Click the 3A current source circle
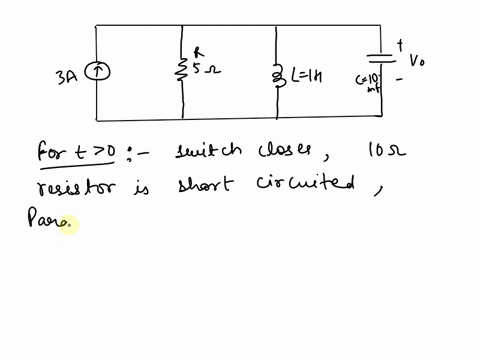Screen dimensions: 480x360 pos(97,71)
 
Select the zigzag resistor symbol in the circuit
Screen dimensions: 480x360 pos(182,70)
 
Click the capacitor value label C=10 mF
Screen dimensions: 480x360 pos(372,81)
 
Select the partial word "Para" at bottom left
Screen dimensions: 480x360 pos(49,222)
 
